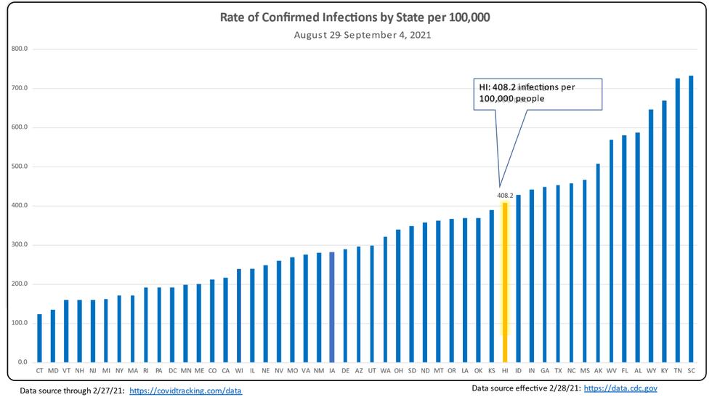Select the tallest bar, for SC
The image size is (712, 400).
[691, 219]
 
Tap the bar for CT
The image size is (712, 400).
[39, 338]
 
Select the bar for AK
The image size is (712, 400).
[598, 263]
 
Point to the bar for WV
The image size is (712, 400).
[611, 251]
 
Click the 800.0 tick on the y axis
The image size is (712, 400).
[20, 49]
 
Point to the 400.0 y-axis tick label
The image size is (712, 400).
[20, 206]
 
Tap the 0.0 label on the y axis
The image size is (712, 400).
[22, 362]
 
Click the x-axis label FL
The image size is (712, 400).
[624, 370]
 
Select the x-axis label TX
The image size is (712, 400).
[558, 370]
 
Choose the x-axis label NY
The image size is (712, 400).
[119, 370]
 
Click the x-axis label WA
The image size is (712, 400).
[385, 370]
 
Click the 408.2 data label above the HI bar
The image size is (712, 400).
[505, 196]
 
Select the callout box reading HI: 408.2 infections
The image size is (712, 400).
[538, 93]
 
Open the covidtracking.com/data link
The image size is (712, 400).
[185, 391]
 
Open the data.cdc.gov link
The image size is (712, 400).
[620, 388]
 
